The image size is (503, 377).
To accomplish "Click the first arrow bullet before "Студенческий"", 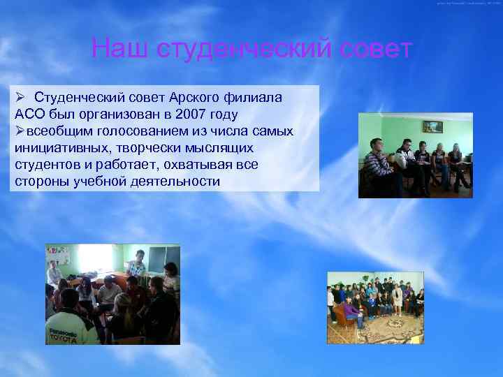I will (21, 97).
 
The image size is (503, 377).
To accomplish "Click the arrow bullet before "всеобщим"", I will (20, 131).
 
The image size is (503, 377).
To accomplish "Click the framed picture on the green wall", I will (432, 126).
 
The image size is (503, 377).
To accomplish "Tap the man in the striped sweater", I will (378, 163).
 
